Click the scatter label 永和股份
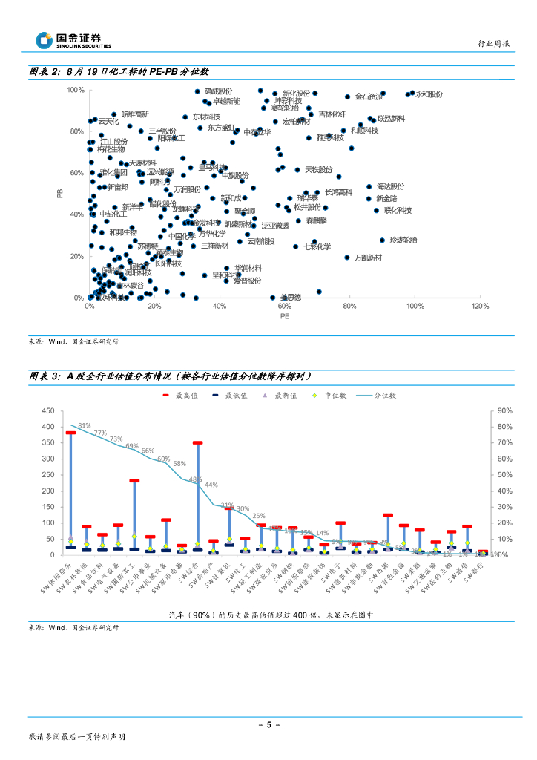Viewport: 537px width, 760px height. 428,94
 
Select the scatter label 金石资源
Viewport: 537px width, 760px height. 369,96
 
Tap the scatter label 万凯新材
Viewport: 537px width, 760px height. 368,258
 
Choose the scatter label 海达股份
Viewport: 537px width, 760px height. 390,186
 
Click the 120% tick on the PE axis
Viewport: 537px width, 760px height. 480,306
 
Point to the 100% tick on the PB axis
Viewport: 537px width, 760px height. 75,90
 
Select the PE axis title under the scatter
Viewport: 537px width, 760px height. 284,316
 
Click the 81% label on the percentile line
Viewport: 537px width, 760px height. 84,425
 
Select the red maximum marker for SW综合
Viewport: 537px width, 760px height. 198,443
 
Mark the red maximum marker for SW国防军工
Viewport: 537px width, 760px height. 135,481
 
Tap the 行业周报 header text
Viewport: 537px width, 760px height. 492,45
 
